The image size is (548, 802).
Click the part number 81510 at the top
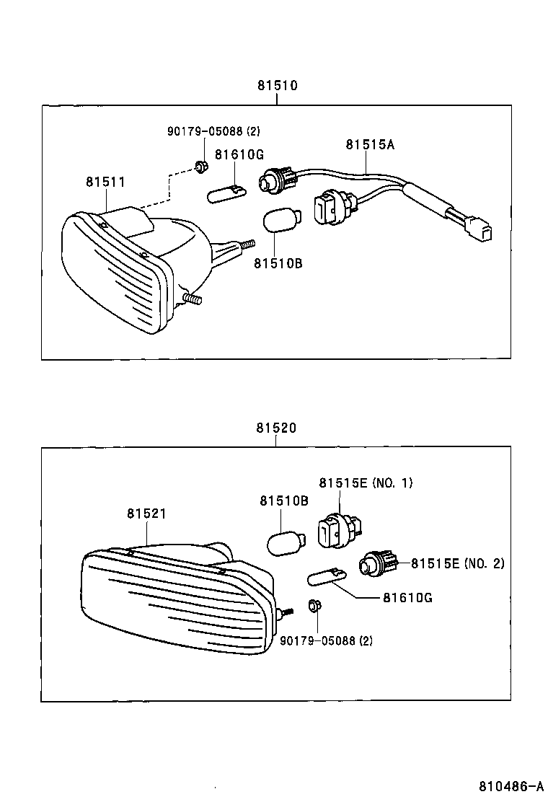tap(278, 85)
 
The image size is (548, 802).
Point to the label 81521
tap(147, 514)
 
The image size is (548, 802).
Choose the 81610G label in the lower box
tap(407, 598)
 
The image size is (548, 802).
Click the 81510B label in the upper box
tap(278, 263)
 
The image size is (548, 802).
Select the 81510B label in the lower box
tap(284, 501)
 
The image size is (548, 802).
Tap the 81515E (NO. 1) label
tap(366, 482)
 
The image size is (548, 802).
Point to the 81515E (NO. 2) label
tap(458, 563)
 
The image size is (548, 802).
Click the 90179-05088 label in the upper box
tap(213, 131)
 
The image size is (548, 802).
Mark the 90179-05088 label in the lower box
tap(327, 640)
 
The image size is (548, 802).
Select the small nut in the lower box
tap(314, 607)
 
